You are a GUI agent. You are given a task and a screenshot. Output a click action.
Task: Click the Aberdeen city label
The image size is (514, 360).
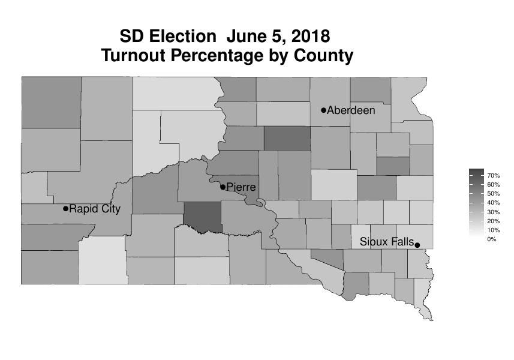(351, 110)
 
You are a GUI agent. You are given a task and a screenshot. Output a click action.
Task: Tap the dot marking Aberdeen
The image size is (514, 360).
(324, 110)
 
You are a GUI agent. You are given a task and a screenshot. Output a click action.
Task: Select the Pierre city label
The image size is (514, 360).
(241, 187)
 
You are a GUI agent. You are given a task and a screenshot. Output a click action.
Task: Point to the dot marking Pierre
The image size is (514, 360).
(223, 187)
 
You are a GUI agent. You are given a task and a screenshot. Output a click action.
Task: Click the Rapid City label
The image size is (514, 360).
(95, 209)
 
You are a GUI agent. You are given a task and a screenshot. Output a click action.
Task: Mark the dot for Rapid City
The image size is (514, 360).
(65, 209)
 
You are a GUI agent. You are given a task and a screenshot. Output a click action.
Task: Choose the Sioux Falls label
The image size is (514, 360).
(387, 242)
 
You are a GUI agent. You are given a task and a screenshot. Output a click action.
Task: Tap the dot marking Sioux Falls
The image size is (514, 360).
(417, 244)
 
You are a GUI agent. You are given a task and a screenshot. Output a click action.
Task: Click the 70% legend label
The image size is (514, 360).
(494, 175)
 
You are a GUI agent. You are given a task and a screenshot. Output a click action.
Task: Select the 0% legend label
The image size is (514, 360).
(492, 239)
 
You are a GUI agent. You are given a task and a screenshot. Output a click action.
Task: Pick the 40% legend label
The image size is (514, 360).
(494, 203)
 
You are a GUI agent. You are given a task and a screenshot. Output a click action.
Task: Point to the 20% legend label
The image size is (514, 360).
(494, 221)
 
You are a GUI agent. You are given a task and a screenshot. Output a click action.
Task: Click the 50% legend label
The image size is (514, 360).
(494, 194)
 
